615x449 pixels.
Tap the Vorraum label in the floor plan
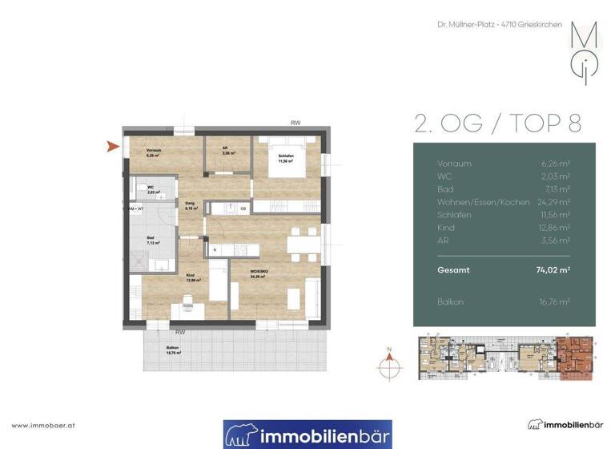click(x=154, y=153)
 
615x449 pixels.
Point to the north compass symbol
click(x=389, y=360)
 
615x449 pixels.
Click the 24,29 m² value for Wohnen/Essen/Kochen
click(x=555, y=201)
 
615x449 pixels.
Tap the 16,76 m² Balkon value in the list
click(x=554, y=301)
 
